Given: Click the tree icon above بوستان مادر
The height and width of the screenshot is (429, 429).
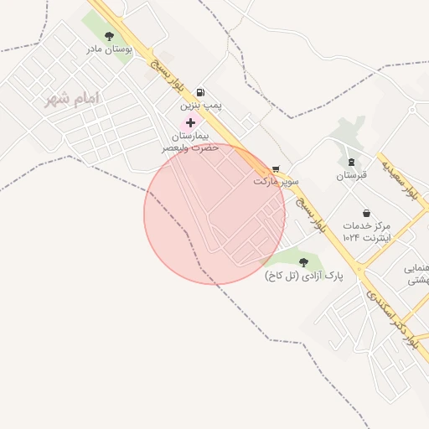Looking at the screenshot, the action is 110,35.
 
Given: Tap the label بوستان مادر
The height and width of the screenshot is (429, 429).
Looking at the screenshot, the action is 110,49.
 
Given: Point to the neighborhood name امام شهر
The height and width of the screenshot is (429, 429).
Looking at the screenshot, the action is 74,99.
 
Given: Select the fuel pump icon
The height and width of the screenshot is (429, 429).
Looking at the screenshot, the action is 199,93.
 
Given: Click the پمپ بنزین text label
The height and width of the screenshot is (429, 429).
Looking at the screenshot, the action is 199,107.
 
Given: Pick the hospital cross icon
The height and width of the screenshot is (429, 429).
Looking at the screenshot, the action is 191,122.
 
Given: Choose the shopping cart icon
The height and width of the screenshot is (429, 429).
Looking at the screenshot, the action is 276,168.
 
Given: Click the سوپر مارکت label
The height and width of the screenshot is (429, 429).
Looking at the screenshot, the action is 276,181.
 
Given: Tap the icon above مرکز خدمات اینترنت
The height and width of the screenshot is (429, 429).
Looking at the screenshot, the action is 365,213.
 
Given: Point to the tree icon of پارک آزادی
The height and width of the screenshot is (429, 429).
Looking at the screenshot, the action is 303,262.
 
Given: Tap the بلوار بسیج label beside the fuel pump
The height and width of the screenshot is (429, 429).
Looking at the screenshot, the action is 167,76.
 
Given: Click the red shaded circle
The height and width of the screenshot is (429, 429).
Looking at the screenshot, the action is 214,214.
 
